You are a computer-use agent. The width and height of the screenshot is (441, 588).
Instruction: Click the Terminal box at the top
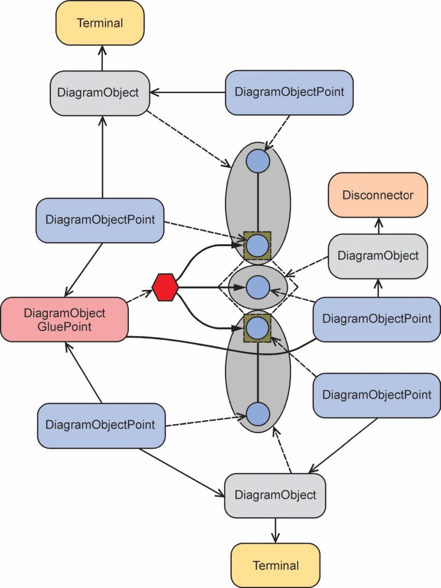point(100,23)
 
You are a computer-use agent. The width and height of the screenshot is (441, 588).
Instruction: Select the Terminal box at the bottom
point(276,565)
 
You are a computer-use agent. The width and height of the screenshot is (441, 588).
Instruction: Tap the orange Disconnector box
point(378,195)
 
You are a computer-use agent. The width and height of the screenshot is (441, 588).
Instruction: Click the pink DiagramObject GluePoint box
point(64,319)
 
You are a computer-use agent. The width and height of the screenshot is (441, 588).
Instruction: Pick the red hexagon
point(165,287)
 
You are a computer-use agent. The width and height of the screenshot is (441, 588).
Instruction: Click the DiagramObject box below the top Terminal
point(100,93)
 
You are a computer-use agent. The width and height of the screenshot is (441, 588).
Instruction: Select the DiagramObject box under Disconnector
point(378,256)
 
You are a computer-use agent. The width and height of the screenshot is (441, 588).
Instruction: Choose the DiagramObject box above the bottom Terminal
point(275,496)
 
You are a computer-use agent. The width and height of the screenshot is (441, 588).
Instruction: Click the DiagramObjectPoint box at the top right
point(289,92)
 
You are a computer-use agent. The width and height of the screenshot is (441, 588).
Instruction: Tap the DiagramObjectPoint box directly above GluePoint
point(100,220)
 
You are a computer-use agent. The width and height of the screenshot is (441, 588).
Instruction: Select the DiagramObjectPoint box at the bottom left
point(101,425)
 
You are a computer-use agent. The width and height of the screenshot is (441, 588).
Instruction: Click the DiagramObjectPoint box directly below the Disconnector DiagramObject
point(377,319)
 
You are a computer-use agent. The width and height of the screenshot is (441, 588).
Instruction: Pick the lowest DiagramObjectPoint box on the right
point(377,395)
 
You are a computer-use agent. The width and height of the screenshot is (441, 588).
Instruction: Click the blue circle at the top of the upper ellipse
point(258,161)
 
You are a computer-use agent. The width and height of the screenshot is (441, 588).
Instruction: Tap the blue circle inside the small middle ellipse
point(258,287)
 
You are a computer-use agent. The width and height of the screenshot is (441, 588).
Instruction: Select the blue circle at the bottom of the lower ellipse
point(258,414)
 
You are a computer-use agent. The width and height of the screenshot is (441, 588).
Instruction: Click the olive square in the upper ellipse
point(258,246)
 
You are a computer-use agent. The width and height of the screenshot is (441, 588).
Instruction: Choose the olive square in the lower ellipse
point(258,328)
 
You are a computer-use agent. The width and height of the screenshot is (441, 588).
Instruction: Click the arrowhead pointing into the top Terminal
point(102,50)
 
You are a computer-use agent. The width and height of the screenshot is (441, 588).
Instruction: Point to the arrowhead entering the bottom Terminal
point(276,538)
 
